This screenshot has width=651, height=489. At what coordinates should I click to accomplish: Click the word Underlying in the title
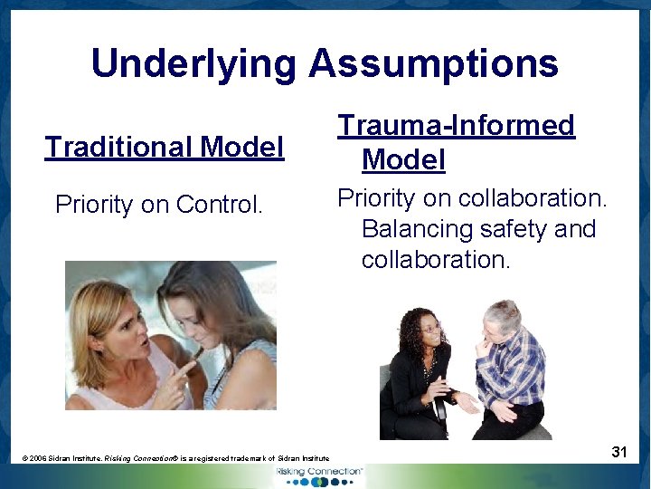pyautogui.click(x=193, y=64)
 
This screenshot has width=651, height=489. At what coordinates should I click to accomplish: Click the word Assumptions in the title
pyautogui.click(x=433, y=64)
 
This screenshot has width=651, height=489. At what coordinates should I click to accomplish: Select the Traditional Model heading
pyautogui.click(x=165, y=147)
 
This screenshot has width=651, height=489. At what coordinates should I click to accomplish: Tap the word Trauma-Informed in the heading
pyautogui.click(x=457, y=125)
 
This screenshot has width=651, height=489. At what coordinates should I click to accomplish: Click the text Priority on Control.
pyautogui.click(x=159, y=205)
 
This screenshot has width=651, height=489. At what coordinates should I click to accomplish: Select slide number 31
pyautogui.click(x=619, y=451)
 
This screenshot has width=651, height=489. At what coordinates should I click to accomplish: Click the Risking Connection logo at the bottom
pyautogui.click(x=320, y=475)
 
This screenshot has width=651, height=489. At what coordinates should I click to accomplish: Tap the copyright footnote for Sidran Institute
pyautogui.click(x=176, y=459)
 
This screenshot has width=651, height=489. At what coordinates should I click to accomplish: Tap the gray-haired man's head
pyautogui.click(x=503, y=321)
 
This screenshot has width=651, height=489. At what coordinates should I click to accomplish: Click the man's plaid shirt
pyautogui.click(x=514, y=371)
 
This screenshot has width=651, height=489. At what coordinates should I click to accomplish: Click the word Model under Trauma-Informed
pyautogui.click(x=403, y=160)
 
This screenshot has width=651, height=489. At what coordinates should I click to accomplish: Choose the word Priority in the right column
pyautogui.click(x=375, y=197)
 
